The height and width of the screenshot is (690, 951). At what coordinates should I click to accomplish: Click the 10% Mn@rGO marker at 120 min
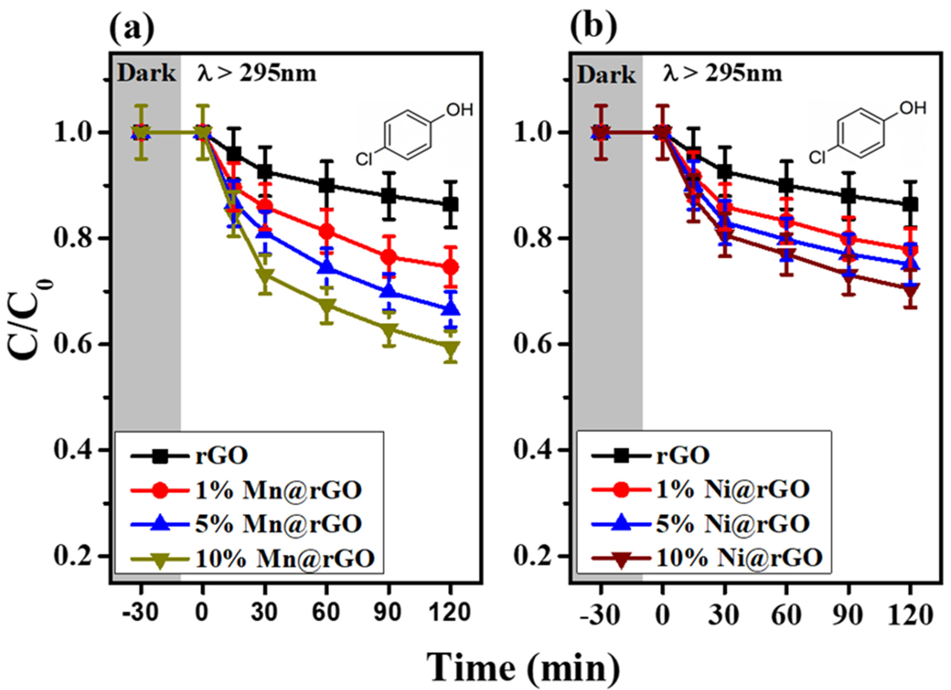coord(450,348)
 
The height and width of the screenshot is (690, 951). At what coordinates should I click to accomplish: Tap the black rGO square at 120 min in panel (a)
coord(450,204)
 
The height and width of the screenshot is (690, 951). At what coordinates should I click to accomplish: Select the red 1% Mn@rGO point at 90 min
coord(389,257)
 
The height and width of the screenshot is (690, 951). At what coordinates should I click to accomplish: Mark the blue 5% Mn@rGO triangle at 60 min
coord(327,267)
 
